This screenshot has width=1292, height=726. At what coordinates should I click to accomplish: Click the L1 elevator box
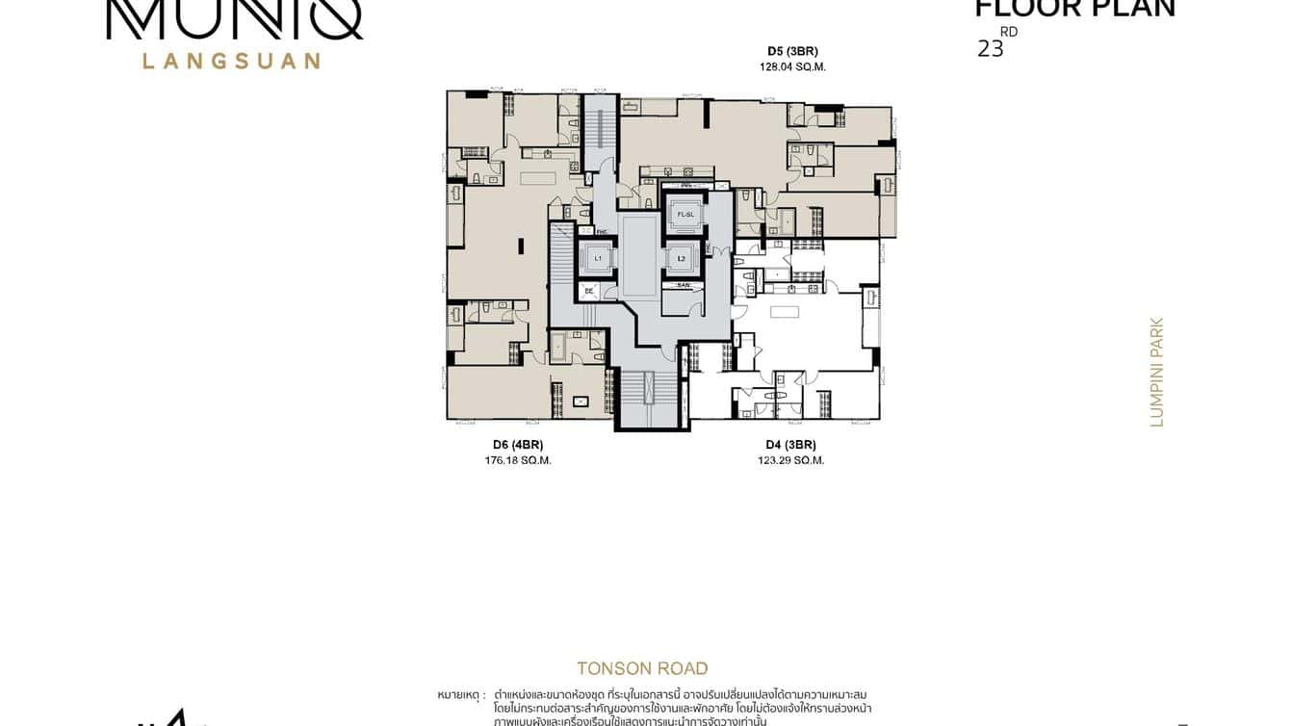(597, 258)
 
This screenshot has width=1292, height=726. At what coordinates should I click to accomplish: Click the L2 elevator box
(682, 258)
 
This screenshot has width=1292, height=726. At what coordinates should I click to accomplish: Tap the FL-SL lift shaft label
(685, 214)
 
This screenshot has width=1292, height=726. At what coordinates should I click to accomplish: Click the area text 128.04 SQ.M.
(792, 67)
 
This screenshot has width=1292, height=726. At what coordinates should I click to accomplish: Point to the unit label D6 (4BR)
(518, 445)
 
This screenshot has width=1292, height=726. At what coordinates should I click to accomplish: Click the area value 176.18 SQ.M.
(518, 460)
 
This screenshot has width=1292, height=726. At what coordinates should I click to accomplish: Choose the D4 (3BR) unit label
(790, 445)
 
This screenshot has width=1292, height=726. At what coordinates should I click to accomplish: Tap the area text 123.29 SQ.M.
(790, 460)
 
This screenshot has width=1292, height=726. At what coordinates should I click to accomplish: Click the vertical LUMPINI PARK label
(1157, 372)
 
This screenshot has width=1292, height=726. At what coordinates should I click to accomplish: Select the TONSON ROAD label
(642, 668)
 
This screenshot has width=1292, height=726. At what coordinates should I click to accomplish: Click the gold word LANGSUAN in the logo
(231, 61)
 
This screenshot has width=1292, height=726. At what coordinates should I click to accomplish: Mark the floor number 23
(990, 49)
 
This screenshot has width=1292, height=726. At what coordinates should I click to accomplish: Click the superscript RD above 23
(1008, 32)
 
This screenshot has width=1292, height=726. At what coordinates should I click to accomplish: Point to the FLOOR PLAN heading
(1074, 9)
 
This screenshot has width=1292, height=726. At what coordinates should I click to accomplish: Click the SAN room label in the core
(683, 285)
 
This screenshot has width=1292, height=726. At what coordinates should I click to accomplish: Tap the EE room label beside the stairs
(588, 290)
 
